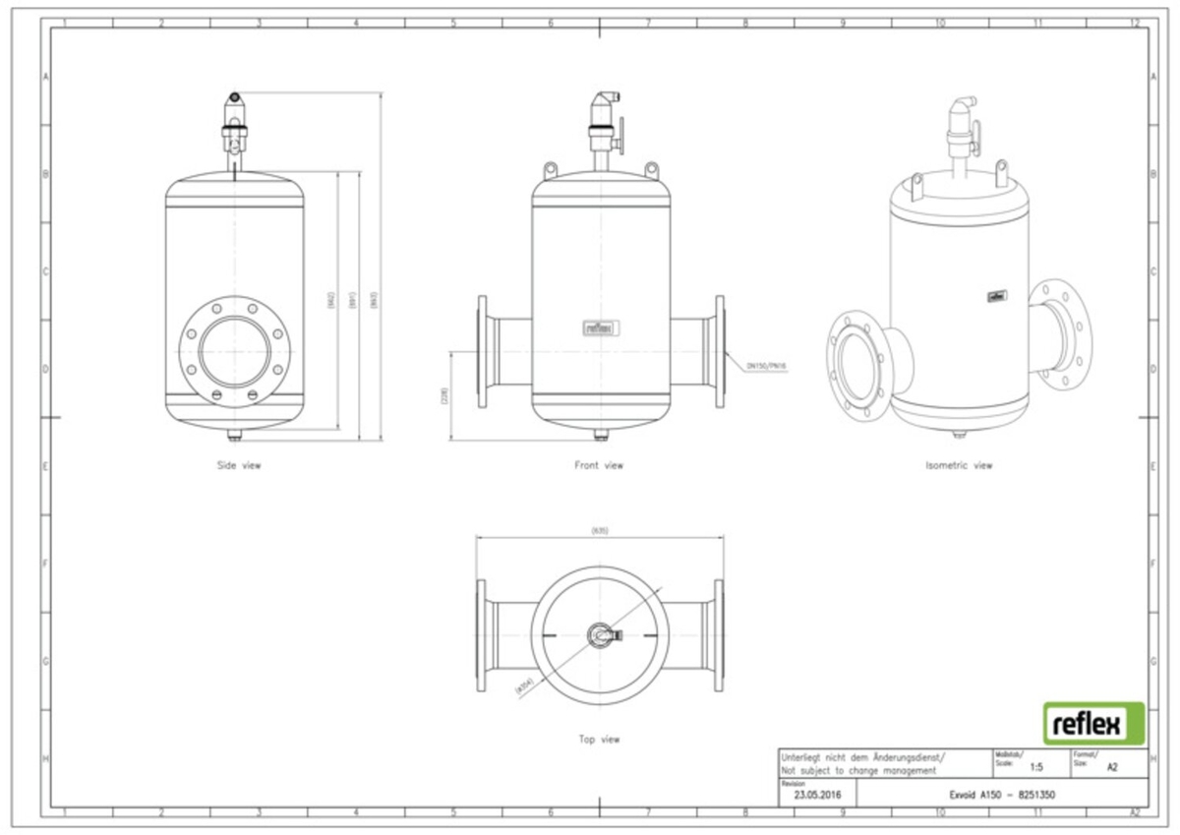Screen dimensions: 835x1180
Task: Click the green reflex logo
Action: [1092, 724]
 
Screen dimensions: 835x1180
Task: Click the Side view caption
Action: [239, 465]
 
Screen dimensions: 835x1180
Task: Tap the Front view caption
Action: [599, 465]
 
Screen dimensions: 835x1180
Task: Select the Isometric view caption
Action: [959, 465]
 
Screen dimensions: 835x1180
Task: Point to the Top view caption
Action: [599, 739]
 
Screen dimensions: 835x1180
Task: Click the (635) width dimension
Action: [600, 531]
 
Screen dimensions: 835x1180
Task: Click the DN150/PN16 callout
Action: [767, 365]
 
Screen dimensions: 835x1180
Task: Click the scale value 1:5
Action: [1036, 765]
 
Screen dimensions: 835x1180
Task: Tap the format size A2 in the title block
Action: [1112, 765]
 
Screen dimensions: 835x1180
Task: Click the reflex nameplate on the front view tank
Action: [599, 328]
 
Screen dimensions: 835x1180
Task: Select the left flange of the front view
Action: [482, 351]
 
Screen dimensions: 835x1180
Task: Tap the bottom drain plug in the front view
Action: [600, 434]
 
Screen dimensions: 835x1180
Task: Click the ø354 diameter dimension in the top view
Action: [522, 686]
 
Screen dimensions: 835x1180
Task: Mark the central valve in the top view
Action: [600, 635]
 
